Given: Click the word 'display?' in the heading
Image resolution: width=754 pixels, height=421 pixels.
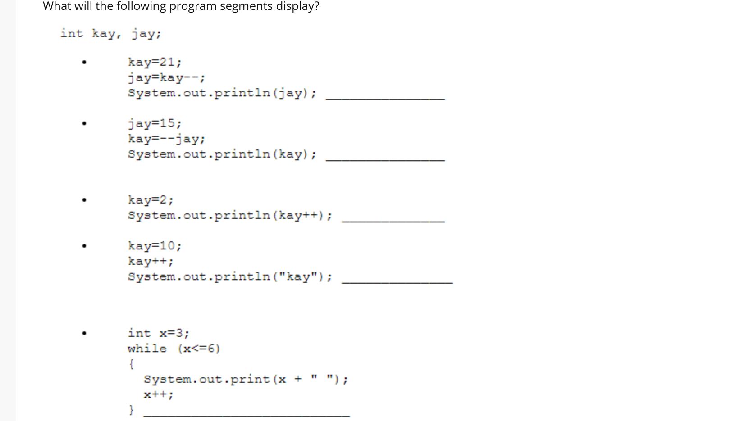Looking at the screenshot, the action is (297, 6).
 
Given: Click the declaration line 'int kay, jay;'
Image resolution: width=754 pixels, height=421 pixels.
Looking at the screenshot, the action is (111, 34).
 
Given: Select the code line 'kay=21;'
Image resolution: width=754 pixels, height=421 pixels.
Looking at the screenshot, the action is (155, 62).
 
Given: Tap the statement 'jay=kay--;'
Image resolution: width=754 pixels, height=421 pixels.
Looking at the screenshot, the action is (166, 77).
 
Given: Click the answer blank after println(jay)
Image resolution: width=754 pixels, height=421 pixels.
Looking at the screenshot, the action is (385, 95).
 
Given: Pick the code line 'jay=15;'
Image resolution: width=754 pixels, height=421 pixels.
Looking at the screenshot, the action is (155, 123).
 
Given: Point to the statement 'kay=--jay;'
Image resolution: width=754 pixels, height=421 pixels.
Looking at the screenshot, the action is (166, 139).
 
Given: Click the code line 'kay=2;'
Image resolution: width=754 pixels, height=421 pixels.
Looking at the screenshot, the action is (151, 199).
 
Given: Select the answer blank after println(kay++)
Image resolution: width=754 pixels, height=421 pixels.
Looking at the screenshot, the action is (393, 218).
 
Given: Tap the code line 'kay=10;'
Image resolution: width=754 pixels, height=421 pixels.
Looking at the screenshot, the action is (155, 246).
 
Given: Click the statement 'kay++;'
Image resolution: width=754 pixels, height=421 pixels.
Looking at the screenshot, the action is (151, 261).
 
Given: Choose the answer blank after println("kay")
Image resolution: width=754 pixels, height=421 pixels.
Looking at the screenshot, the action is (397, 279).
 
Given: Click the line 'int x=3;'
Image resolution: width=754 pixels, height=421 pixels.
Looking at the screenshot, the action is (158, 333).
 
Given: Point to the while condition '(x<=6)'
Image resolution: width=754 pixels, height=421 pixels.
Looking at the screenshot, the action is (199, 349).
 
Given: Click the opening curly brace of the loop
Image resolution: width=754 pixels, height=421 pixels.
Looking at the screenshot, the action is (131, 364).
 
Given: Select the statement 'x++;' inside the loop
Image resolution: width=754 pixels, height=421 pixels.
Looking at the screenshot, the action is (158, 395).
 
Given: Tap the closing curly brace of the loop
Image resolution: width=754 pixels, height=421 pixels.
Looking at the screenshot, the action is (131, 410).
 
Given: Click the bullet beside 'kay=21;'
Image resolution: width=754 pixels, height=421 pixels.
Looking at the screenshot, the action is (84, 63).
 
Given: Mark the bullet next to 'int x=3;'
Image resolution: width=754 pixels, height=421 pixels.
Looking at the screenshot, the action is (84, 334).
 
